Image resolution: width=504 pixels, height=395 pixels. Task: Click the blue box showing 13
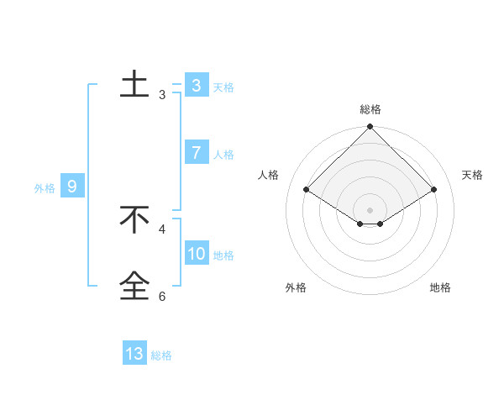[134, 354]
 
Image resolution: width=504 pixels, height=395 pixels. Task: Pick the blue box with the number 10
[197, 254]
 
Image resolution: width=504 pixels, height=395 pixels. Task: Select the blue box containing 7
[197, 153]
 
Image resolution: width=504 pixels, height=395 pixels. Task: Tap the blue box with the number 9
[72, 187]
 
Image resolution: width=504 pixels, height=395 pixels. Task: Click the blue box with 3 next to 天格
[197, 86]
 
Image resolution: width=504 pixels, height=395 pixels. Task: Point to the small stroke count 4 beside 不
[162, 229]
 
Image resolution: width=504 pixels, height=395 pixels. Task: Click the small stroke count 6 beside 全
[162, 296]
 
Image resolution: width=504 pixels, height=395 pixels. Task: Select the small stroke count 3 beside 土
[162, 95]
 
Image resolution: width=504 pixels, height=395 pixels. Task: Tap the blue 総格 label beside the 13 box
[161, 355]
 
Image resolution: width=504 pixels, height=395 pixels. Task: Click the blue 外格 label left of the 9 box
[45, 188]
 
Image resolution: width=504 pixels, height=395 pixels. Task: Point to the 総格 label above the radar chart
[370, 110]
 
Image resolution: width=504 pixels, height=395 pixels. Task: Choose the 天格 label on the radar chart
[472, 175]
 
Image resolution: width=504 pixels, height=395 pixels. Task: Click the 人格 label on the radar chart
[268, 175]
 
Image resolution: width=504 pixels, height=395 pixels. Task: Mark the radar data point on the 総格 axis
[370, 127]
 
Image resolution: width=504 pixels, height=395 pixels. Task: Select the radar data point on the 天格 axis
[434, 189]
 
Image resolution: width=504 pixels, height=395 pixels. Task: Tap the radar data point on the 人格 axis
[307, 189]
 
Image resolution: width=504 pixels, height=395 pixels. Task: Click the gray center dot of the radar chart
[370, 209]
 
